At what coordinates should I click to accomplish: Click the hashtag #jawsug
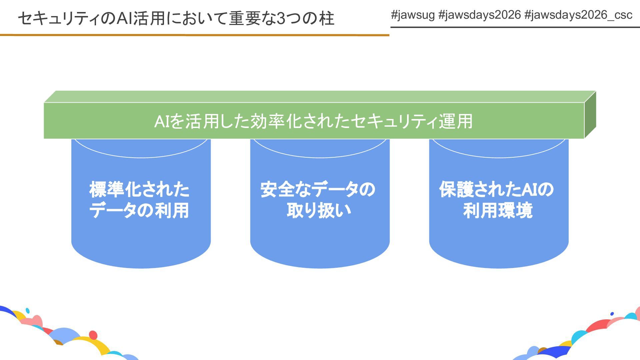coord(413,15)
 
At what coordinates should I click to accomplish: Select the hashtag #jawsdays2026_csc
coord(578,15)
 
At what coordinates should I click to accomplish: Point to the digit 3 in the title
coord(281,18)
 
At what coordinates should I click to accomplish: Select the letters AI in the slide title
coord(124,18)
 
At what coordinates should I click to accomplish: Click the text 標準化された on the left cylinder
coord(139,189)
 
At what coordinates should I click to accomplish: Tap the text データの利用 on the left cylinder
coord(139,210)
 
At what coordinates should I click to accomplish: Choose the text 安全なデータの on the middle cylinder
coord(318,189)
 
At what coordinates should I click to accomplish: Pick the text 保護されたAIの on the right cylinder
coord(496,189)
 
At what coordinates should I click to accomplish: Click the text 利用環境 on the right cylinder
coord(498,210)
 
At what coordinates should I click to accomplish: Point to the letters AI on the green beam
coord(163,121)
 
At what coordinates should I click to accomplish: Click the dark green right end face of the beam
coord(590,115)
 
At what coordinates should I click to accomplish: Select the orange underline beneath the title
coord(193,35)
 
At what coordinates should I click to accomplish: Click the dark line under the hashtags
coord(515,27)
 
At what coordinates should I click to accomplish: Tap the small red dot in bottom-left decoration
coord(93,335)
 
